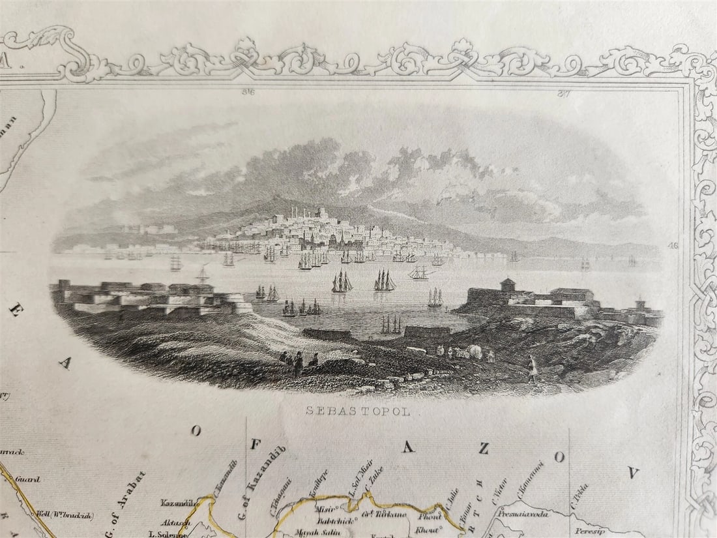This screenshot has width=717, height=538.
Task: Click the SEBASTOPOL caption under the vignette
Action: pos(358,410)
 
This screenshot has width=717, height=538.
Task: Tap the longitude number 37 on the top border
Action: pos(564,93)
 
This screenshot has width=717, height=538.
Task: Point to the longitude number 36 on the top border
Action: pos(248,92)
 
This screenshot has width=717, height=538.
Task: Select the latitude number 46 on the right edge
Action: pos(673,246)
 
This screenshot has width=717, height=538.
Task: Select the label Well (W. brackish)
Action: pos(65,515)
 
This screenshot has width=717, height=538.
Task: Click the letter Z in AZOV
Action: pos(483,448)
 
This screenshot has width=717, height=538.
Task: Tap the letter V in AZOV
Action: pos(633,472)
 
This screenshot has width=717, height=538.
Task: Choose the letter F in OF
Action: pos(256,444)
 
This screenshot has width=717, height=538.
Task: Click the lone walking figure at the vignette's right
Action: pos(533,369)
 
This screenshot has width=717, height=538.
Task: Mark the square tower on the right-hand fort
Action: pos(508,285)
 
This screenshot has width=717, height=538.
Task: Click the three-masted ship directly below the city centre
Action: pos(342,282)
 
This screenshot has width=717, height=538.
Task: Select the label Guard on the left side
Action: pos(27,479)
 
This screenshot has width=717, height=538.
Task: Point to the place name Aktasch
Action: pos(177,523)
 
